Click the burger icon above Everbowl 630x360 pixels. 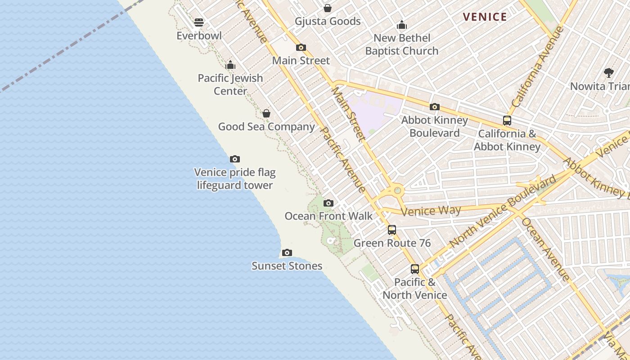[x=199, y=22]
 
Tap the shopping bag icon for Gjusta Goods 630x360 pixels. [x=328, y=8]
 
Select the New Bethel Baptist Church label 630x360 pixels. [x=401, y=45]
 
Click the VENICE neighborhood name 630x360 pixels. [x=485, y=17]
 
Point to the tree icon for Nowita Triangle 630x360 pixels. [x=608, y=72]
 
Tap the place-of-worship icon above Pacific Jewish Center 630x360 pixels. [x=230, y=65]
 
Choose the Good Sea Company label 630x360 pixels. [x=266, y=127]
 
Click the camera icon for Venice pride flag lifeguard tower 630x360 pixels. [x=234, y=159]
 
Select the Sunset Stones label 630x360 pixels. [x=287, y=266]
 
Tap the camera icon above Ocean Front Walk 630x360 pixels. [x=328, y=203]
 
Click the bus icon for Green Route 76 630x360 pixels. [x=392, y=230]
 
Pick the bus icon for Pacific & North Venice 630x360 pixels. [x=415, y=269]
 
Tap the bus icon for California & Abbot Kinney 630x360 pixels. [x=507, y=121]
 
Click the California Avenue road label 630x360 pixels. [x=538, y=67]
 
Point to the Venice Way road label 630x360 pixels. [x=431, y=211]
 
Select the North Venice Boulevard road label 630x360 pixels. [x=503, y=212]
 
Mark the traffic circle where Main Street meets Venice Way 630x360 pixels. [x=397, y=191]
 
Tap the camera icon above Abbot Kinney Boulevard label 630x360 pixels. [x=434, y=107]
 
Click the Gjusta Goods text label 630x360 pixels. [x=328, y=21]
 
